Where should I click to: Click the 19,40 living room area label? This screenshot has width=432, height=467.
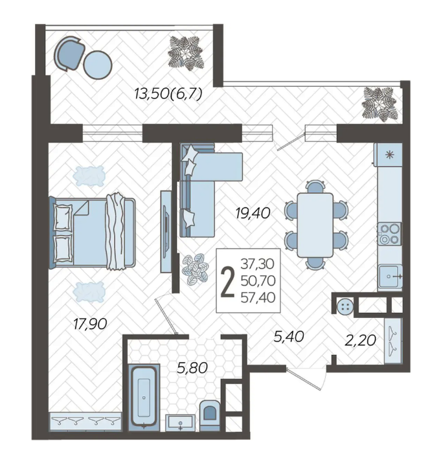point(253,214)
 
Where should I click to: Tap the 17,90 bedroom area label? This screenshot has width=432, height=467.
point(90,324)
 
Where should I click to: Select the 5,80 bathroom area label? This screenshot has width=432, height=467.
point(192,368)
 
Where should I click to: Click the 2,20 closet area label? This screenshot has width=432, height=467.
point(360,340)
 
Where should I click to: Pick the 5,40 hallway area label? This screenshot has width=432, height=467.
point(288,337)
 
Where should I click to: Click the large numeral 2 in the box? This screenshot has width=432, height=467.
point(227,281)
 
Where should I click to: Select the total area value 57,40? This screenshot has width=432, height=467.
point(258,297)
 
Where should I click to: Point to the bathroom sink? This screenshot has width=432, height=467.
point(181,422)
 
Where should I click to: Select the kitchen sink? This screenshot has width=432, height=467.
point(390,276)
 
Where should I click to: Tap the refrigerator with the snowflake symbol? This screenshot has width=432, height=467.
point(389,155)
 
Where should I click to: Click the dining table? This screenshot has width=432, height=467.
point(315,225)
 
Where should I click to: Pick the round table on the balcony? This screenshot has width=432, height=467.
point(98,65)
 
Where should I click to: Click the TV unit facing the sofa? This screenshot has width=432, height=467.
point(166,231)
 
